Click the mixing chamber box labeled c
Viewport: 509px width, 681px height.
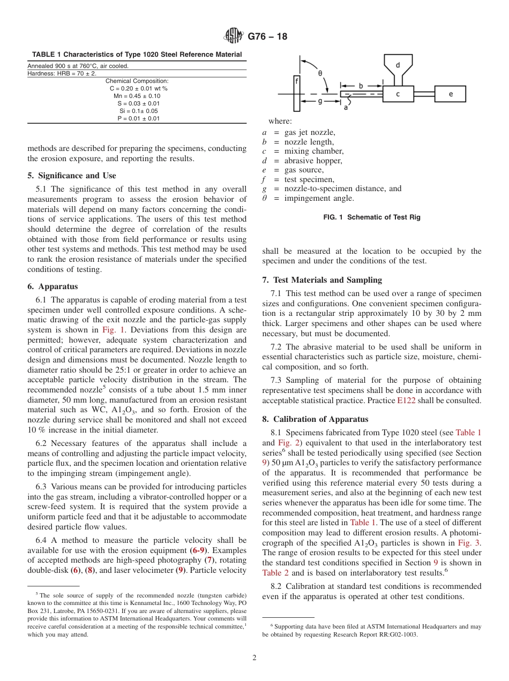pyautogui.click(x=398, y=94)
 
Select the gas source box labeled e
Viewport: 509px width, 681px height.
pyautogui.click(x=450, y=94)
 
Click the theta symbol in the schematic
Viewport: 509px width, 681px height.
pyautogui.click(x=320, y=73)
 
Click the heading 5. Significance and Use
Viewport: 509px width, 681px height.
pyautogui.click(x=72, y=175)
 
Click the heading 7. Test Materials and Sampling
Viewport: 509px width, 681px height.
pyautogui.click(x=322, y=279)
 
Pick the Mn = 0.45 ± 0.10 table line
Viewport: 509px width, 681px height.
pyautogui.click(x=137, y=96)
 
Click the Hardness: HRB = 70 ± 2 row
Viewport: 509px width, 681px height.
pyautogui.click(x=62, y=73)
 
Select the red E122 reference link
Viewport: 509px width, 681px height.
pyautogui.click(x=408, y=400)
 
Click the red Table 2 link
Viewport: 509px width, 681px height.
pyautogui.click(x=275, y=572)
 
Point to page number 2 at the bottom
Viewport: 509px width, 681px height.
pyautogui.click(x=254, y=658)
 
